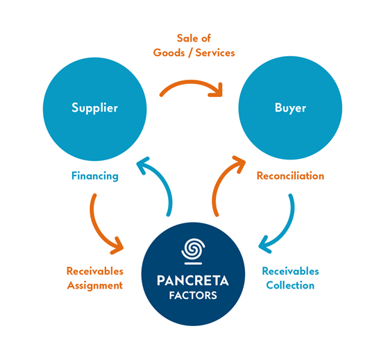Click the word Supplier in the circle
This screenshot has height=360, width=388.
click(95, 108)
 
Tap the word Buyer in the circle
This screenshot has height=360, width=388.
click(290, 108)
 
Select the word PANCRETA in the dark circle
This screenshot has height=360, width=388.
click(193, 281)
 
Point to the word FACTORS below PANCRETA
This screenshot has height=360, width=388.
click(193, 295)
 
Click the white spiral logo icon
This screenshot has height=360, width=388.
click(193, 251)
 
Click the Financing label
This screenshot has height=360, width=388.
click(95, 176)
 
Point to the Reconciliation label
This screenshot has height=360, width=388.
click(290, 175)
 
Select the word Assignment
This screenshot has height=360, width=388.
click(95, 286)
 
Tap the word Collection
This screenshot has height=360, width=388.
click(290, 285)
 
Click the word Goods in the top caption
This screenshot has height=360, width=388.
click(169, 53)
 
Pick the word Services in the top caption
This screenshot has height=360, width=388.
click(215, 53)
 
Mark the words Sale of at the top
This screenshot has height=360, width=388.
click(194, 38)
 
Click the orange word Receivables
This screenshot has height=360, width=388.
click(95, 271)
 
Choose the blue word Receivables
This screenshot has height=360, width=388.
click(291, 271)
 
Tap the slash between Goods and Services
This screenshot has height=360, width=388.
click(190, 53)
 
